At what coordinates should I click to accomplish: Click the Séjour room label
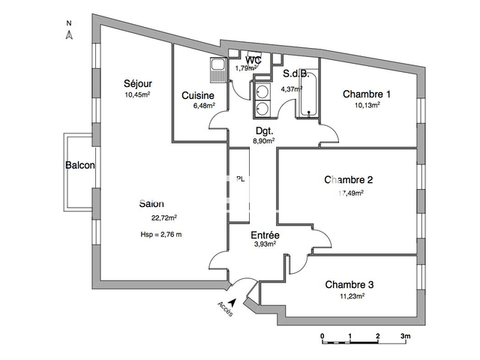[x=138, y=84]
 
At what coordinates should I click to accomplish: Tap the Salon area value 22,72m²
[x=163, y=218]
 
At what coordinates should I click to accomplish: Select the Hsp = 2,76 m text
[x=161, y=235]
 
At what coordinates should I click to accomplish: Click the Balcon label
[x=79, y=166]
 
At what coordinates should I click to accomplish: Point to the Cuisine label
[x=198, y=96]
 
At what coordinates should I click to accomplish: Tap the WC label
[x=253, y=59]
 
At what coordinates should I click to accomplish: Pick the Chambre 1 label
[x=367, y=94]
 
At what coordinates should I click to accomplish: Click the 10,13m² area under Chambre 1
[x=367, y=105]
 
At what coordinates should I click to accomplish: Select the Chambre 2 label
[x=349, y=180]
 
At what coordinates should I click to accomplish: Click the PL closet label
[x=240, y=178]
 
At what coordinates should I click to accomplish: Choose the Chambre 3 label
[x=349, y=284]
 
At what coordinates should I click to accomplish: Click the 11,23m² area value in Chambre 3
[x=350, y=296]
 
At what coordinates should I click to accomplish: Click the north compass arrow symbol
[x=69, y=34]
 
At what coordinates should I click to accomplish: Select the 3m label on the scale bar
[x=404, y=336]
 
